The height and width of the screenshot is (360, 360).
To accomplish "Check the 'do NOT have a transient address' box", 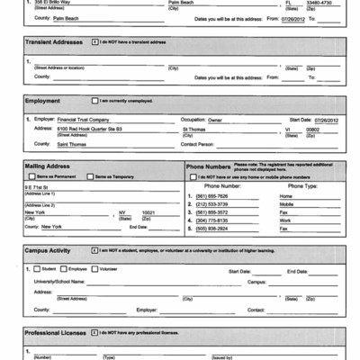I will click(x=96, y=42).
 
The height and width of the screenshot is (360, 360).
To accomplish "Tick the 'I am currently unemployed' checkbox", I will click(x=93, y=100).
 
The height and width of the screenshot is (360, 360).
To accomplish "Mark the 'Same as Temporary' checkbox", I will click(x=90, y=176).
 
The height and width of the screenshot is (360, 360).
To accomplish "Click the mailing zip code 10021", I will click(x=148, y=213).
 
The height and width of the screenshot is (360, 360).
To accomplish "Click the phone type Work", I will click(x=285, y=220).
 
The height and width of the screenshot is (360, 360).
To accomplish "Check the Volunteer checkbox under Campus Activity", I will click(x=92, y=268).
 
